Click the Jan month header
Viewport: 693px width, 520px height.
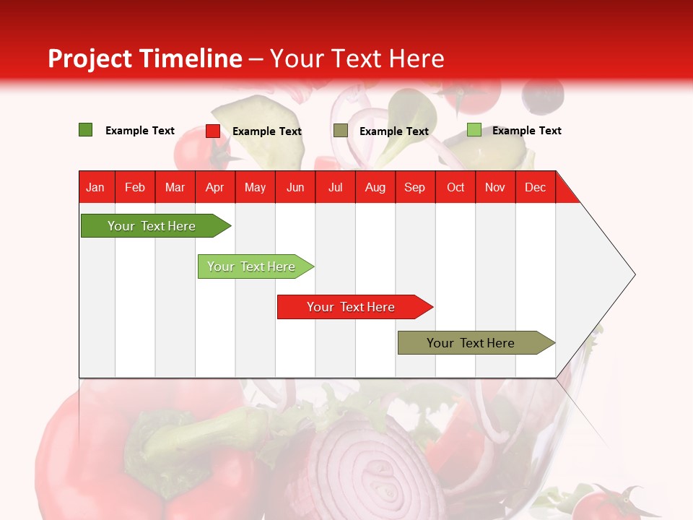(x=95, y=187)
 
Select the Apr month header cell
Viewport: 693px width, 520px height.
(x=214, y=187)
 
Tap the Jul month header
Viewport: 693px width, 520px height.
(x=335, y=187)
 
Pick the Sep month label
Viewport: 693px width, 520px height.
(x=414, y=187)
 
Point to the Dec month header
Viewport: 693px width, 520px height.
(x=535, y=187)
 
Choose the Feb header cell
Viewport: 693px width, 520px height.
(x=135, y=187)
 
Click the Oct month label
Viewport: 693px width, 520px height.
(x=456, y=187)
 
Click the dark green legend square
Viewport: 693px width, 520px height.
(x=86, y=130)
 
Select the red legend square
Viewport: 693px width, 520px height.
(x=213, y=131)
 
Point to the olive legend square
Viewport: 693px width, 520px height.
(x=341, y=131)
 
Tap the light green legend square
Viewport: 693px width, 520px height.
(x=474, y=130)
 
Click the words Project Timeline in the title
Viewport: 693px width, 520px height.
(x=144, y=58)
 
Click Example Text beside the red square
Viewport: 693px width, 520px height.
(x=266, y=131)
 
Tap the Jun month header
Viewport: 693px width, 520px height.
(x=295, y=187)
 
